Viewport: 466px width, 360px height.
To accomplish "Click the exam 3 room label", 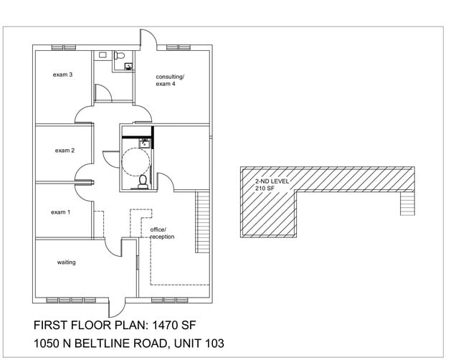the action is [x=62, y=75].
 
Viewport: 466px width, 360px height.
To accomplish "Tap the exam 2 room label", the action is [x=65, y=151].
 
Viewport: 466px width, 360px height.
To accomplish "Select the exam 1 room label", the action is [x=60, y=212].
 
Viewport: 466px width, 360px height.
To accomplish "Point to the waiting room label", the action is [x=66, y=262].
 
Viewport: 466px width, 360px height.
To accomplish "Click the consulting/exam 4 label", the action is [x=170, y=80].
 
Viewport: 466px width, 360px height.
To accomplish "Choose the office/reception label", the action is [x=162, y=233].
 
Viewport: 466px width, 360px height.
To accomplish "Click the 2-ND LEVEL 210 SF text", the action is [x=272, y=184].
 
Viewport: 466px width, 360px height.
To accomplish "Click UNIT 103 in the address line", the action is [x=199, y=344].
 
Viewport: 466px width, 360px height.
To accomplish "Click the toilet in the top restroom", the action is [x=119, y=55].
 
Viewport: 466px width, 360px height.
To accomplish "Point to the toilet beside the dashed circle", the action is [x=143, y=181].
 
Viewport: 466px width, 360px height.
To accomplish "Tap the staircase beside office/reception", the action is [x=202, y=222].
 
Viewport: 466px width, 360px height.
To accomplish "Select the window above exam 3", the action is [x=64, y=47].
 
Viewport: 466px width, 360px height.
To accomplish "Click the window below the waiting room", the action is [x=71, y=300].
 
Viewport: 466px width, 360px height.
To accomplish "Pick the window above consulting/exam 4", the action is [x=178, y=47].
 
